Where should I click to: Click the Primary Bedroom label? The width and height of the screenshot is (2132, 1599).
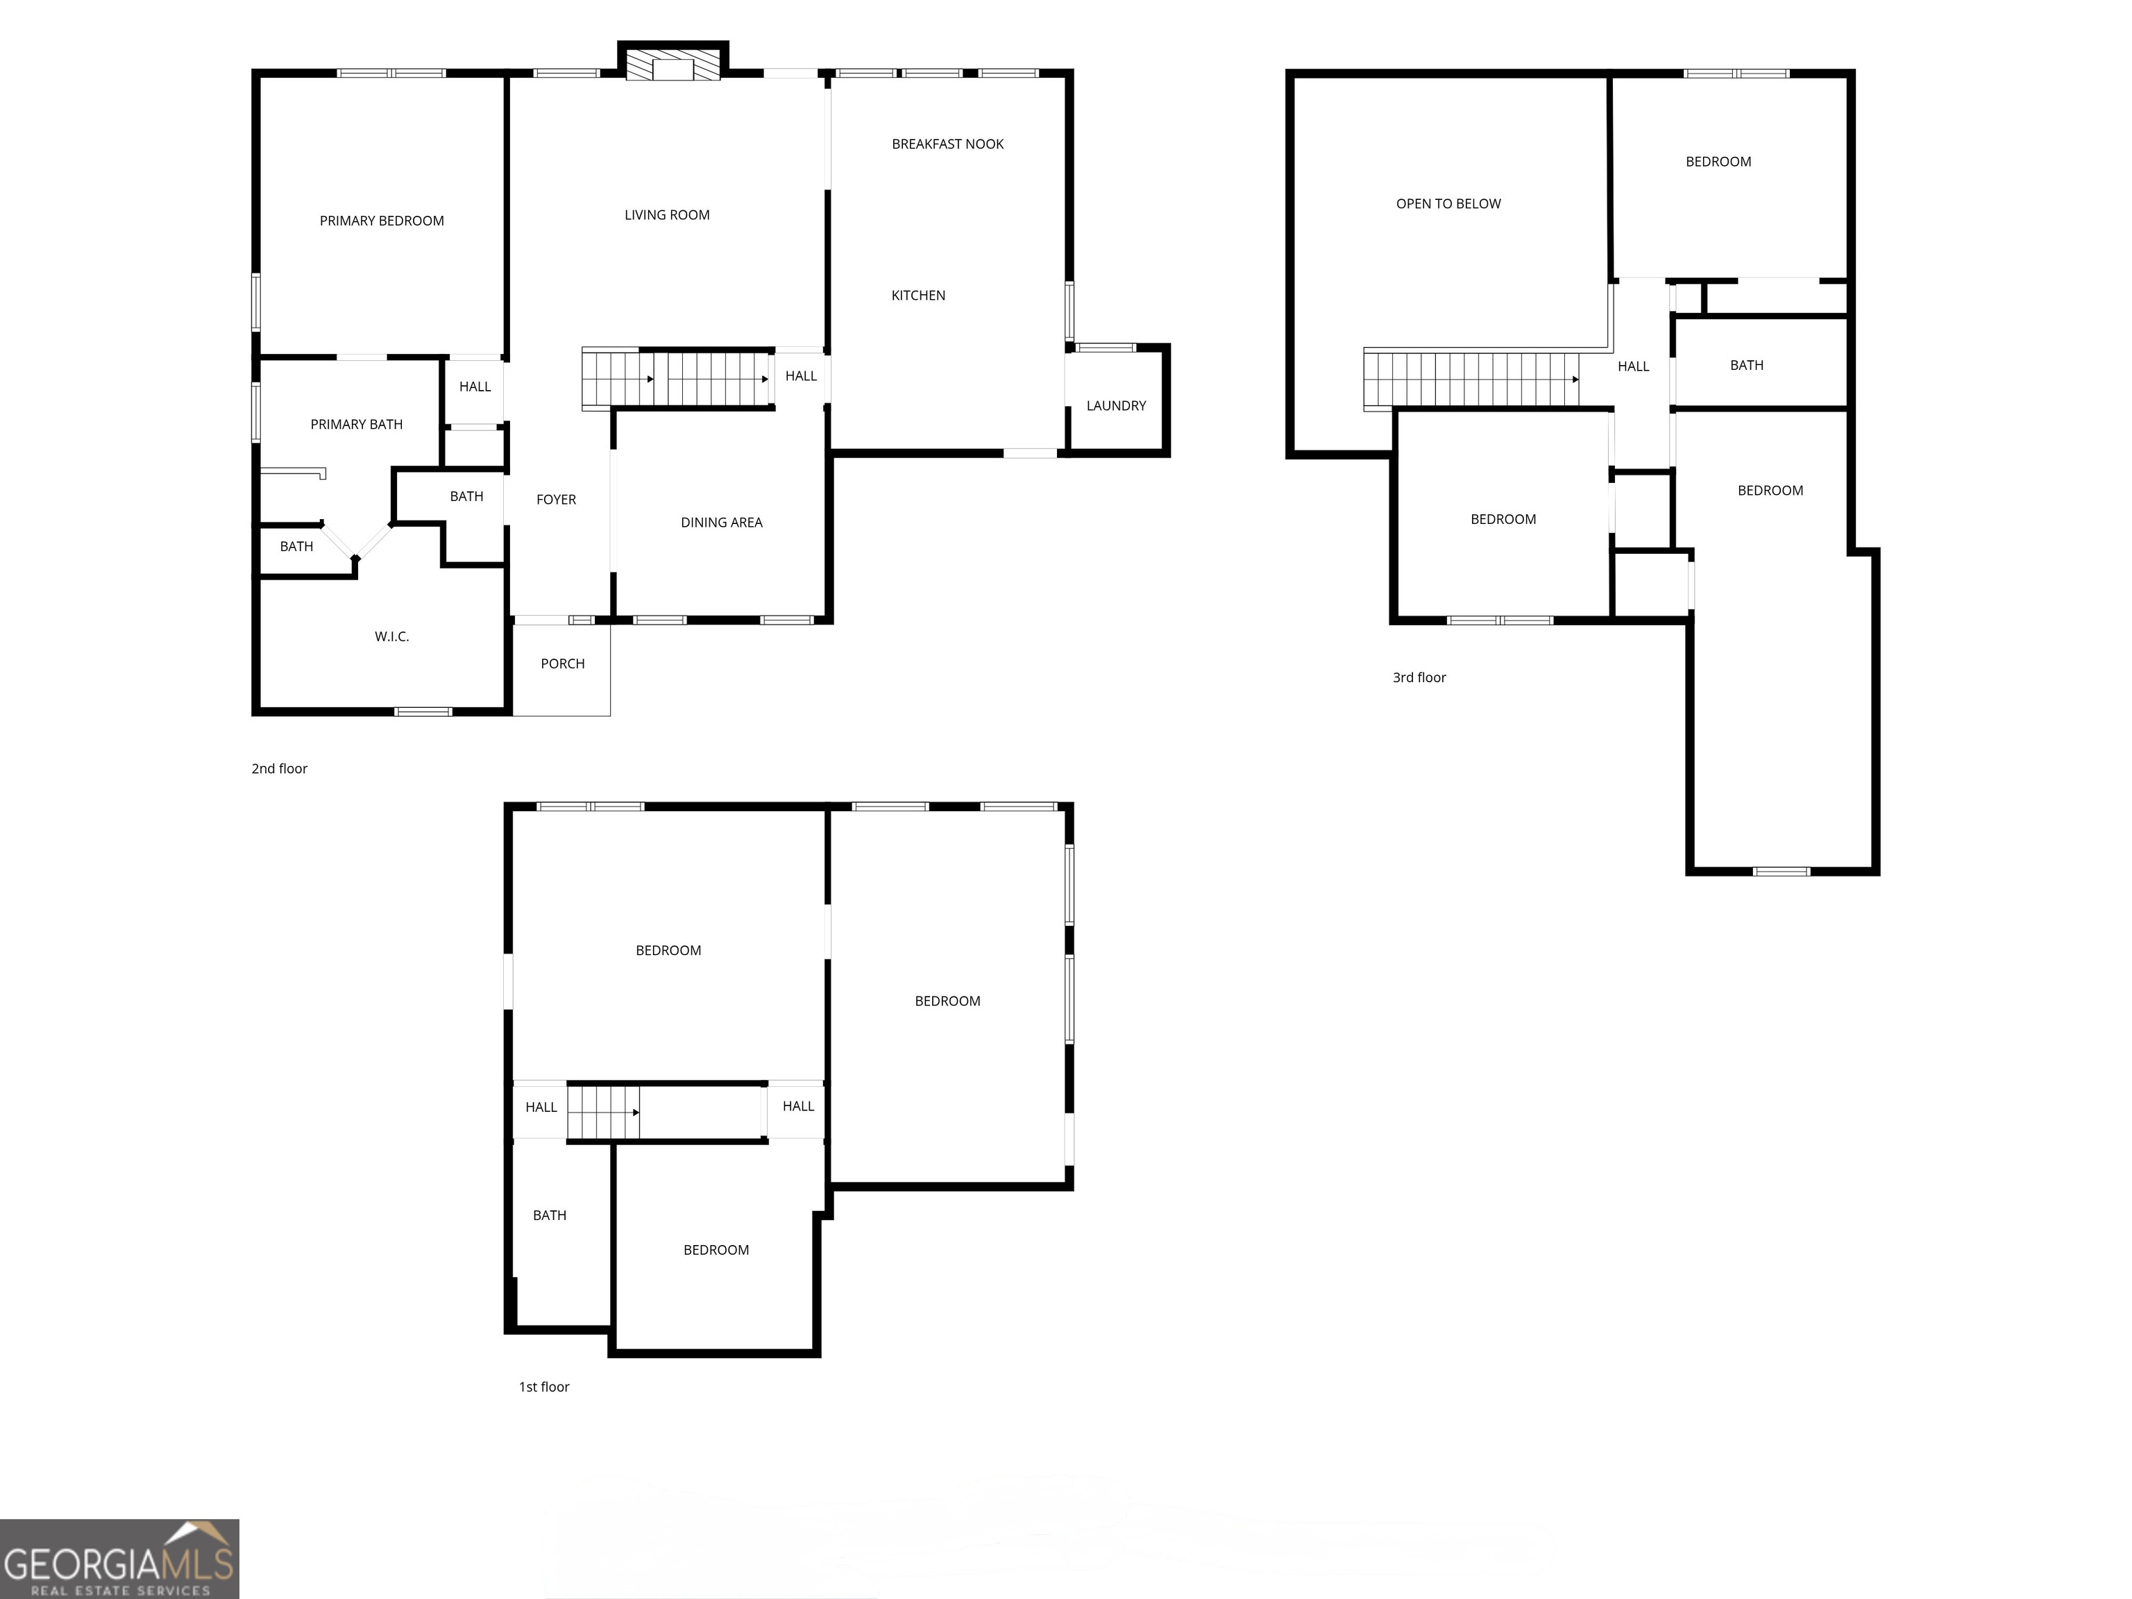(x=382, y=221)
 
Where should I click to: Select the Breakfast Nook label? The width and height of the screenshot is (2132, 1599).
(x=947, y=144)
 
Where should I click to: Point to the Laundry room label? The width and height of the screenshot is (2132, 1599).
(x=1116, y=406)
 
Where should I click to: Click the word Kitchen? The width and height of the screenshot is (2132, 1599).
(x=917, y=296)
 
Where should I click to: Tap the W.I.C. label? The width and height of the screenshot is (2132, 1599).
(x=391, y=637)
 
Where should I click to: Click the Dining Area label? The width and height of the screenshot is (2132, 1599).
(x=721, y=523)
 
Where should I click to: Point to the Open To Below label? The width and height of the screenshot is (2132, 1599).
(x=1448, y=204)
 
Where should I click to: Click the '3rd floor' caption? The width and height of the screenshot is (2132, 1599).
(x=1419, y=677)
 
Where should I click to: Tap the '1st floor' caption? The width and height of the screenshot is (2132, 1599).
(x=543, y=1387)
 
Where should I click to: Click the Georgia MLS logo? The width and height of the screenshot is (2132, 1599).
(x=119, y=1559)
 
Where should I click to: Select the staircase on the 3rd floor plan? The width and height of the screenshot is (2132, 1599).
(x=1471, y=379)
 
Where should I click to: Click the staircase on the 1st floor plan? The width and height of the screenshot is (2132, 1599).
(x=603, y=1112)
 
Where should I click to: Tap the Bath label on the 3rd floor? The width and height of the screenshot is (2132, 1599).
(x=1746, y=365)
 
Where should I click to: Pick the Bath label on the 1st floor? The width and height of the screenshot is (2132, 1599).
(x=550, y=1215)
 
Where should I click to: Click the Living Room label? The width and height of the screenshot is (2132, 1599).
(x=667, y=216)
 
